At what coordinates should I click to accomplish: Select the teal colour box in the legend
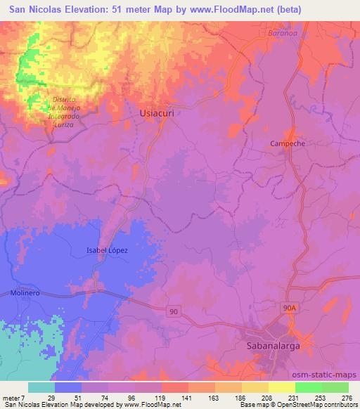41,387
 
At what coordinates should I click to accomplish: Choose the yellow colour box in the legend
282,387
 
